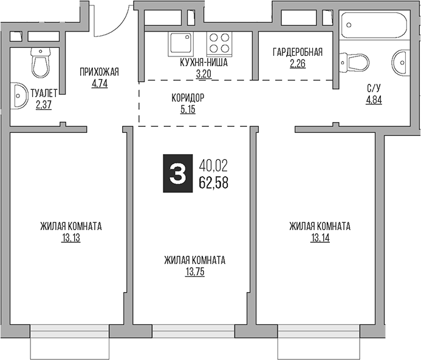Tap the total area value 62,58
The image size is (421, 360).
tap(214, 182)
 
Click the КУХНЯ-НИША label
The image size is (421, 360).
tap(203, 63)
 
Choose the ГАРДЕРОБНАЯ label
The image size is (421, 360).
tap(298, 52)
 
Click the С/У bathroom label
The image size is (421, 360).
tap(374, 89)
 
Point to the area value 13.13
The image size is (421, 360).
tap(71, 239)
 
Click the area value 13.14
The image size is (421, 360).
tap(320, 239)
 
